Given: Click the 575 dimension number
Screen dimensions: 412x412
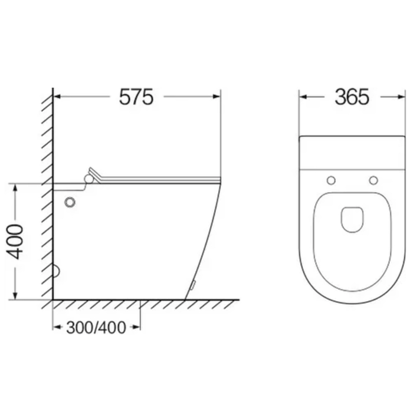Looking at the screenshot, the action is (136, 97).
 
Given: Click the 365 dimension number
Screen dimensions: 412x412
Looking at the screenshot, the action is (352, 97).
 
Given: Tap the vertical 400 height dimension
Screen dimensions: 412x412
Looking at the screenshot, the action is (15, 242).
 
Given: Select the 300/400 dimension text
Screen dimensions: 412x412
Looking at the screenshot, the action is (96, 328).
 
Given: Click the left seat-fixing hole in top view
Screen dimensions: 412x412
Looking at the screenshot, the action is (331, 181).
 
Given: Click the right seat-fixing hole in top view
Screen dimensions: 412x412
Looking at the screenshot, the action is (373, 181).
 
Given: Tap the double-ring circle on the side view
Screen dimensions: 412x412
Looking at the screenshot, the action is (70, 202).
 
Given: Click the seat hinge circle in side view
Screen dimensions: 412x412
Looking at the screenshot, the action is (89, 179).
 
